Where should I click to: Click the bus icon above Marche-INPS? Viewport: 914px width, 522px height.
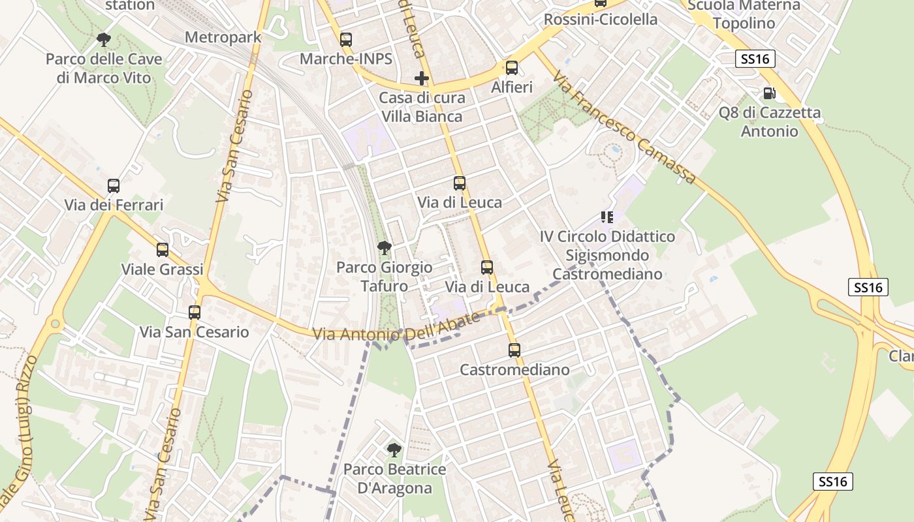coord(346,39)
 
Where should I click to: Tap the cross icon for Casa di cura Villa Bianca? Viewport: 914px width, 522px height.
coord(422,78)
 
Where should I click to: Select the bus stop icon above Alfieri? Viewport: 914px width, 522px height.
coord(512,67)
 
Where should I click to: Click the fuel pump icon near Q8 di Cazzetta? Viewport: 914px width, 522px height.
coord(770,93)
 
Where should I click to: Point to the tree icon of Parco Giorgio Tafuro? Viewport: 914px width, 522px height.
coord(385,247)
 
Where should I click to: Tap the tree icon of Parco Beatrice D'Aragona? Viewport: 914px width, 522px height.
coord(394,450)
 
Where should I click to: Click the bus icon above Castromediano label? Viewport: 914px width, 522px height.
coord(514,350)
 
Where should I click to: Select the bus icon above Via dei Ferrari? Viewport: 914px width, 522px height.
coord(114,185)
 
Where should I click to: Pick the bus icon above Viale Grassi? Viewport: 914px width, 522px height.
coord(163,249)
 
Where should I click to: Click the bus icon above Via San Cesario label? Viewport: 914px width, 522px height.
coord(195,312)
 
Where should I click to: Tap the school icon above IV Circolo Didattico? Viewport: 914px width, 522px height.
coord(607,217)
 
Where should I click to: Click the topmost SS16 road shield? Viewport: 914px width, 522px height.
coord(755,59)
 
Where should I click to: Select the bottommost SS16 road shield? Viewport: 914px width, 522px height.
coord(833,482)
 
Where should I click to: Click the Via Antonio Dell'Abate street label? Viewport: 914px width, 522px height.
coord(396,326)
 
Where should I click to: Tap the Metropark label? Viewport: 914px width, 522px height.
coord(223,37)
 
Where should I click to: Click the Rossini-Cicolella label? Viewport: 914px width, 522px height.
coord(601,20)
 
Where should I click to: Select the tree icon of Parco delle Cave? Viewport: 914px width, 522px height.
coord(103,40)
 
